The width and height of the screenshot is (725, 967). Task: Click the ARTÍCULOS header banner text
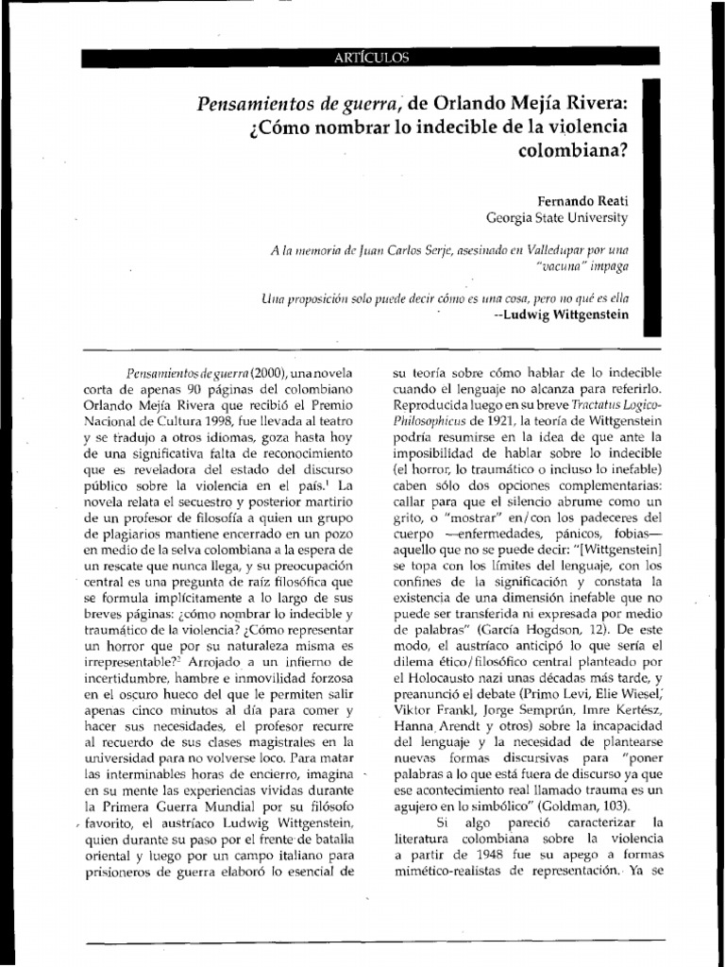[371, 59]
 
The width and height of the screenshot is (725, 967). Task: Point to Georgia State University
[556, 218]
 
